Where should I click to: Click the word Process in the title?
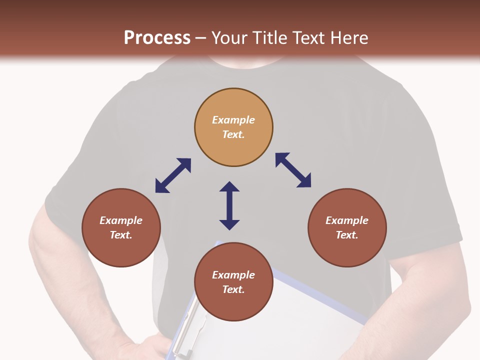click(x=157, y=37)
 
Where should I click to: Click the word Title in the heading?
click(x=268, y=37)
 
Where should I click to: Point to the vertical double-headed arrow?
click(x=229, y=205)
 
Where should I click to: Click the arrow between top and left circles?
click(x=173, y=175)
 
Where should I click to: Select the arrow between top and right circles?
click(x=293, y=170)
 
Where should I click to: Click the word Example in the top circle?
click(x=233, y=120)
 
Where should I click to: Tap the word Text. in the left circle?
click(x=121, y=235)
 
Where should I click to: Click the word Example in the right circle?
click(x=347, y=220)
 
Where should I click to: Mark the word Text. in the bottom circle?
click(x=233, y=289)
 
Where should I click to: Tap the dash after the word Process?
click(x=201, y=38)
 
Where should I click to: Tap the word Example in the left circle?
click(x=121, y=220)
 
